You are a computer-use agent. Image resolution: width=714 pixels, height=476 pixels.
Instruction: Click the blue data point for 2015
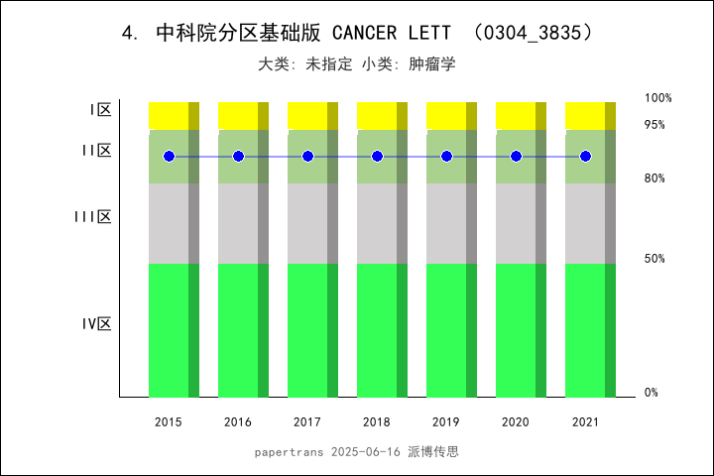click(169, 157)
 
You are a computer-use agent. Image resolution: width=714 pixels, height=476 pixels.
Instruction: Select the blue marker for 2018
click(377, 157)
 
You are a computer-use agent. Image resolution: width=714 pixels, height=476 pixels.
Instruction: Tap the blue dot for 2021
click(585, 157)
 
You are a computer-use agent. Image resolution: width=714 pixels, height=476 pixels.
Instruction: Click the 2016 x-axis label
click(238, 422)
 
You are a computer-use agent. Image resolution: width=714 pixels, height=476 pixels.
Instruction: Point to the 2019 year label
click(446, 422)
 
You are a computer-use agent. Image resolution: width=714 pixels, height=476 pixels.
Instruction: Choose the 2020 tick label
click(516, 422)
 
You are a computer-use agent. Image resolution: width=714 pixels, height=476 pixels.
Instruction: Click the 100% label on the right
click(658, 98)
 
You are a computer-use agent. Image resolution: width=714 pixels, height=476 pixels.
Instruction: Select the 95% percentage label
click(654, 125)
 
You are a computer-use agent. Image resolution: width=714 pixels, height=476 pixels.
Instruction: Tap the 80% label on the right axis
click(654, 178)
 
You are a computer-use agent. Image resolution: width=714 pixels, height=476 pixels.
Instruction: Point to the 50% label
click(654, 259)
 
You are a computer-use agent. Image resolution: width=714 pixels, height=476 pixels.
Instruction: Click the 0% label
click(652, 393)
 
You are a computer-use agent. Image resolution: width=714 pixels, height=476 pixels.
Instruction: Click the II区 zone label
click(96, 151)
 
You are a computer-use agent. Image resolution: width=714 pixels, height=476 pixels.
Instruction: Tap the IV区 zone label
click(96, 324)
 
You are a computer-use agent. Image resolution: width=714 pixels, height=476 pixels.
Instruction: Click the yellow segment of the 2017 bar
click(307, 115)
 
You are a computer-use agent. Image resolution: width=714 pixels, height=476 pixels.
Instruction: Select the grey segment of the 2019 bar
click(446, 223)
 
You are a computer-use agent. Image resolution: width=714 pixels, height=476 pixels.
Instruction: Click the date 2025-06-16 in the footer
click(364, 452)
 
